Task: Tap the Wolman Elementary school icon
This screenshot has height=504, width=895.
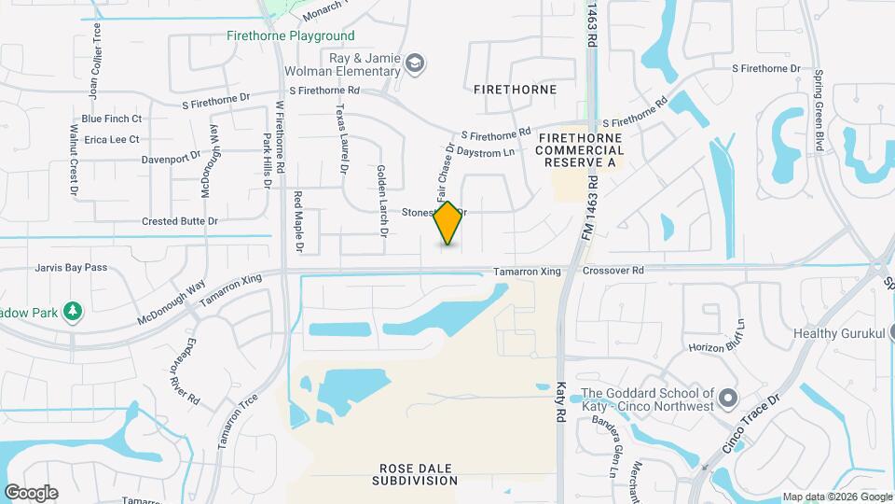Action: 415,63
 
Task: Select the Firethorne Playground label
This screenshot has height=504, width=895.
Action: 290,36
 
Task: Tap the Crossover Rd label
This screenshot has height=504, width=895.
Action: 613,271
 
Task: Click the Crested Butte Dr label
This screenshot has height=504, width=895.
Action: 180,221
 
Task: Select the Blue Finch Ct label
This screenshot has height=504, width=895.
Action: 112,119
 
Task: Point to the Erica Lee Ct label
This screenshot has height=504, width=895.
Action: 112,139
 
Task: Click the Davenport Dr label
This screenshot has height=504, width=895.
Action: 172,159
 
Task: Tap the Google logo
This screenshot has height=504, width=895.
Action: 31,493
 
